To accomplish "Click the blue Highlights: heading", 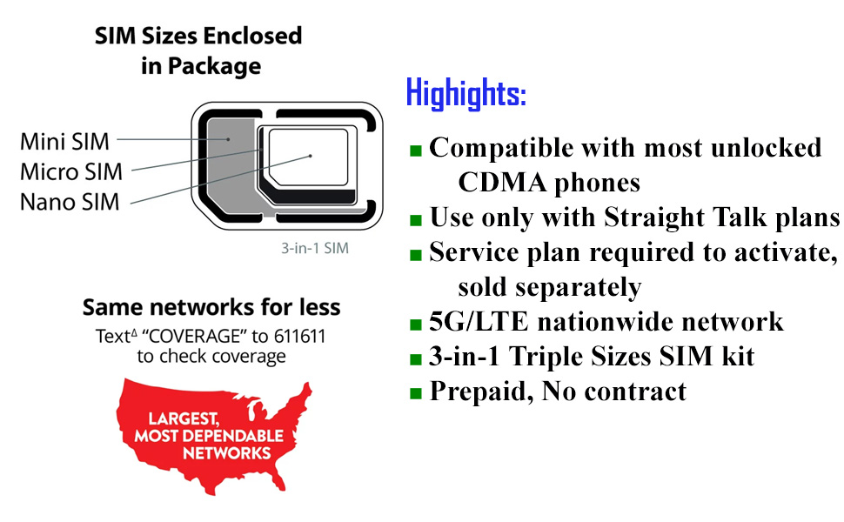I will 466,93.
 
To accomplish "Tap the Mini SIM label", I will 66,141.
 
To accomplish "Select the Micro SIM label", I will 71,171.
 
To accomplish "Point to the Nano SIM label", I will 70,203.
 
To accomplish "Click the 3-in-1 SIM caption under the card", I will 313,249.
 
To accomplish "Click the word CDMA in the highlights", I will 502,183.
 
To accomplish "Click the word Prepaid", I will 479,391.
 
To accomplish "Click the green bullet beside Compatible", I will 416,150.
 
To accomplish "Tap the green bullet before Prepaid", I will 416,392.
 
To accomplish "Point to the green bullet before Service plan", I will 416,254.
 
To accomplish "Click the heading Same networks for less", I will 211,307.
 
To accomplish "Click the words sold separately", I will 549,286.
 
